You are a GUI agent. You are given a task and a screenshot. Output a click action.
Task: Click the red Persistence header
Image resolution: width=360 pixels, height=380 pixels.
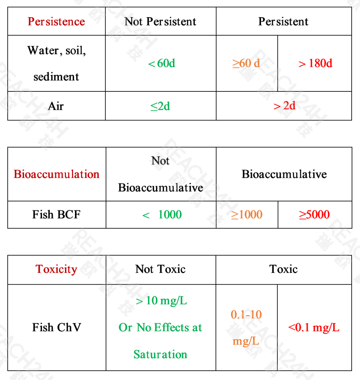pyautogui.click(x=56, y=22)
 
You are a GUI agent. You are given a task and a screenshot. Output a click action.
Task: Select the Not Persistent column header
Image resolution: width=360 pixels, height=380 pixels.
pyautogui.click(x=160, y=22)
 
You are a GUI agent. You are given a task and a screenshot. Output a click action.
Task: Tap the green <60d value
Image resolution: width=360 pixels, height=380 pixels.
pyautogui.click(x=162, y=63)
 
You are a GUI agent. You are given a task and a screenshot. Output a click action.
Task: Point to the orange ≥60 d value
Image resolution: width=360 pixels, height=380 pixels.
pyautogui.click(x=246, y=63)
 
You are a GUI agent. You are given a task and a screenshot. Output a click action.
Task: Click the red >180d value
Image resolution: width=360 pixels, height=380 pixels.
pyautogui.click(x=315, y=63)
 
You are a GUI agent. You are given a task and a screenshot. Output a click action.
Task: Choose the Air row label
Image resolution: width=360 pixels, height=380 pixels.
pyautogui.click(x=56, y=106)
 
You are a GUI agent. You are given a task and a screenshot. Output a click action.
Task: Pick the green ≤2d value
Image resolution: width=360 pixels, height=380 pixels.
pyautogui.click(x=160, y=106)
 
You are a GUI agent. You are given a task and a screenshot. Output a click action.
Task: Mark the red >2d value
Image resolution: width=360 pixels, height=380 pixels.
pyautogui.click(x=284, y=106)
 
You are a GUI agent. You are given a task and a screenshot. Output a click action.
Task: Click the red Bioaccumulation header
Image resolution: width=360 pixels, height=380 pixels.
pyautogui.click(x=57, y=174)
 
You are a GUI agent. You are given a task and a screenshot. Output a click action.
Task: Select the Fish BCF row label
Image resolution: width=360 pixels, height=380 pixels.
pyautogui.click(x=56, y=215)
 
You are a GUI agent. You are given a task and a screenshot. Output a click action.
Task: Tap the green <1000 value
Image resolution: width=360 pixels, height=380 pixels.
pyautogui.click(x=162, y=215)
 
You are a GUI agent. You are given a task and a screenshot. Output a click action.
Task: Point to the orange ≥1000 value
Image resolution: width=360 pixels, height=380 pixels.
pyautogui.click(x=247, y=215)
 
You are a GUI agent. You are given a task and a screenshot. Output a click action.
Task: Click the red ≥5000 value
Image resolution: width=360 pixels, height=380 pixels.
pyautogui.click(x=314, y=215)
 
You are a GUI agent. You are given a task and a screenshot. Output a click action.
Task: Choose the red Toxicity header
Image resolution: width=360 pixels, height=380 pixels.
pyautogui.click(x=56, y=269)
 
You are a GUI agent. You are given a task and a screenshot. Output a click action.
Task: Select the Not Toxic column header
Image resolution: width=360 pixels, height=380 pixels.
pyautogui.click(x=160, y=269)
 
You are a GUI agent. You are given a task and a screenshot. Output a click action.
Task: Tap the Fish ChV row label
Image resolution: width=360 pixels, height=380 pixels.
pyautogui.click(x=57, y=327)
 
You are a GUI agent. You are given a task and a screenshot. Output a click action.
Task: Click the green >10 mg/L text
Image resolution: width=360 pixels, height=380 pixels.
pyautogui.click(x=161, y=301)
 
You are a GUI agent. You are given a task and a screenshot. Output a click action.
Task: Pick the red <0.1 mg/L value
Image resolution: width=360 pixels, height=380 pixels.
pyautogui.click(x=314, y=327)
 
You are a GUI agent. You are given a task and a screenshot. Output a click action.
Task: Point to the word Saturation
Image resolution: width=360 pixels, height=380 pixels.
pyautogui.click(x=160, y=354)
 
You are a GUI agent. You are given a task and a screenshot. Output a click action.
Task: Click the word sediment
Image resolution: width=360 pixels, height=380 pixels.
pyautogui.click(x=56, y=77)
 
